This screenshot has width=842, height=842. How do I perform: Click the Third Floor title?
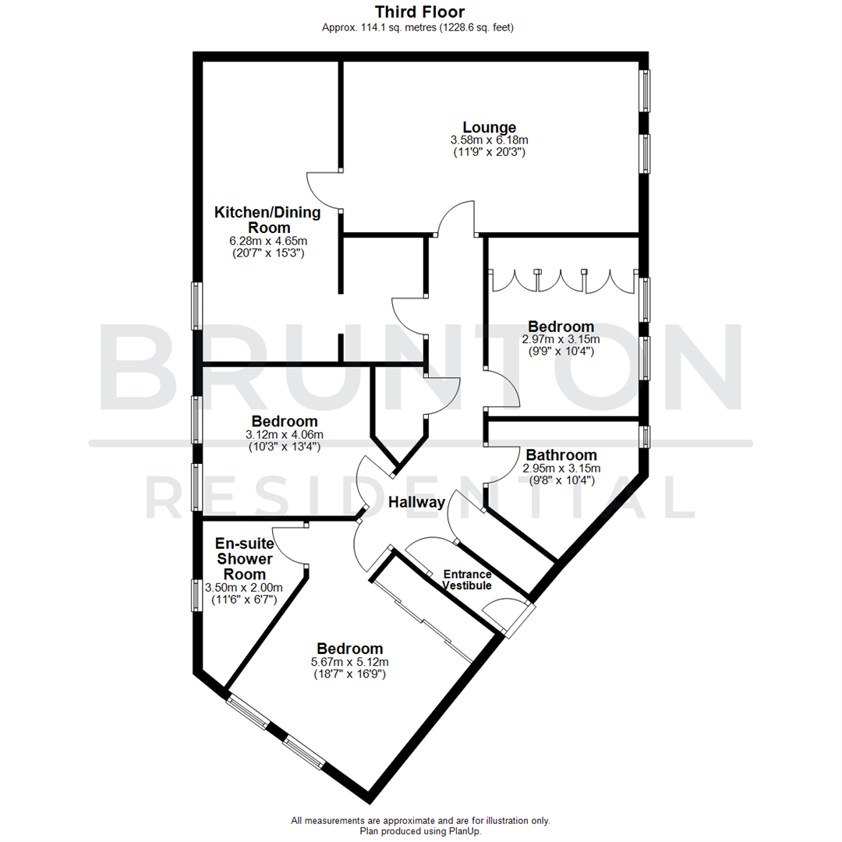(x=419, y=12)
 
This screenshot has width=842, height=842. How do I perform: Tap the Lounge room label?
(x=489, y=127)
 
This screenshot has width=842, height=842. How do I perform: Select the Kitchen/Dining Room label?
(x=255, y=219)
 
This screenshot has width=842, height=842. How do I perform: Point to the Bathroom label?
(x=561, y=455)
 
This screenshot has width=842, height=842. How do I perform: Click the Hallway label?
(x=416, y=503)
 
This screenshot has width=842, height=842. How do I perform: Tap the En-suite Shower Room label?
(x=244, y=559)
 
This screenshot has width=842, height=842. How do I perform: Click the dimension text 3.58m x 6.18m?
(x=489, y=140)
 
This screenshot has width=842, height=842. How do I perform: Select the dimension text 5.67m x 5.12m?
(x=349, y=662)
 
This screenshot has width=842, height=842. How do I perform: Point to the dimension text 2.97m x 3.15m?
(x=561, y=339)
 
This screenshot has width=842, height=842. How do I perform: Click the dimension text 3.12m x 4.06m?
(x=284, y=434)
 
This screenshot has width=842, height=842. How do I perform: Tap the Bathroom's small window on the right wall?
(x=645, y=437)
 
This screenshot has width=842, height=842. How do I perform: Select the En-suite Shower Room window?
(x=197, y=595)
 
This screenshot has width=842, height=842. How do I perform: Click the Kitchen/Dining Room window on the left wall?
(x=197, y=306)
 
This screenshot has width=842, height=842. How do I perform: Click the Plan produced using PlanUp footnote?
(x=419, y=831)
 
